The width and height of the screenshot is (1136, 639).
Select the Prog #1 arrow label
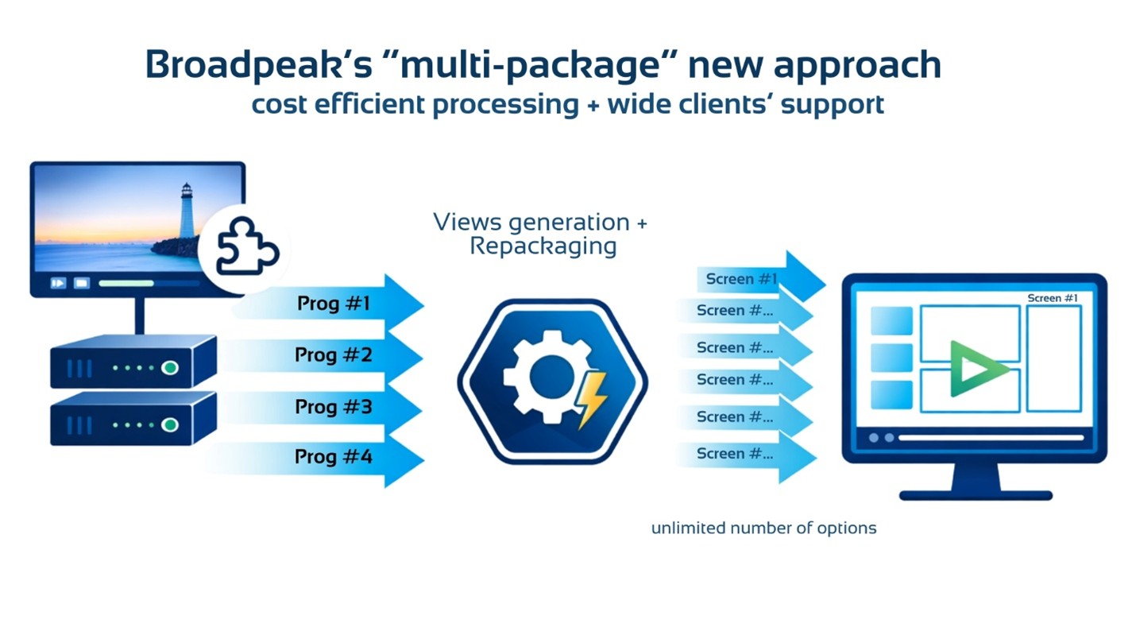[333, 304]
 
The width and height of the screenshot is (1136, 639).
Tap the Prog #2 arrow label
[333, 354]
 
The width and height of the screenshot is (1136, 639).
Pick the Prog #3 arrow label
[333, 407]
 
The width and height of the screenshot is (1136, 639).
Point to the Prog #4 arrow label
[333, 457]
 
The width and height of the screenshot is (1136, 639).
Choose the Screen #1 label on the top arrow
[740, 279]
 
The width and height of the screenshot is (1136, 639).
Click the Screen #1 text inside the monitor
[1053, 298]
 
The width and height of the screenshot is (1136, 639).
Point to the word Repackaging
[543, 246]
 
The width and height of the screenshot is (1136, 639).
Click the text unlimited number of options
[763, 529]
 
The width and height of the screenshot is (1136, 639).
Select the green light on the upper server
[169, 368]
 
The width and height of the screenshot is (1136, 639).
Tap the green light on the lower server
[169, 425]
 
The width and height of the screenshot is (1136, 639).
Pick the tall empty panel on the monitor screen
[1053, 358]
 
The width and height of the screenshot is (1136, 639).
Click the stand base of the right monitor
[976, 494]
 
